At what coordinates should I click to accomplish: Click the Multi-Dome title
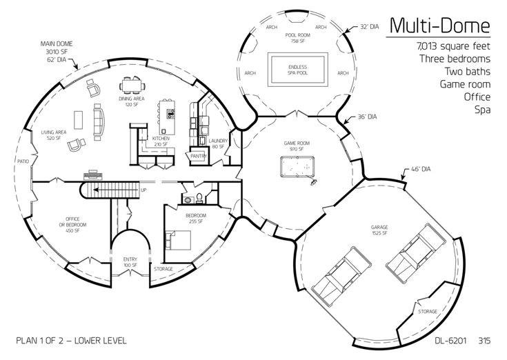pos(439,26)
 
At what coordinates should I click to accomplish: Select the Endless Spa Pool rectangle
pos(297,70)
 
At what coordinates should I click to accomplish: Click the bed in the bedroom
pos(180,241)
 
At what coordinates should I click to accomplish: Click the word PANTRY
pos(199,157)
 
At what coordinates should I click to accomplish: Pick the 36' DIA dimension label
pos(366,117)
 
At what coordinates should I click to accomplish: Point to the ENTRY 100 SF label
pos(130,262)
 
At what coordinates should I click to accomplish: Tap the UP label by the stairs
pos(143,190)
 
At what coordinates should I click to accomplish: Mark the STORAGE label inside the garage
pos(427,312)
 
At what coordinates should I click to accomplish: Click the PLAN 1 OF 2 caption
pos(71,341)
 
